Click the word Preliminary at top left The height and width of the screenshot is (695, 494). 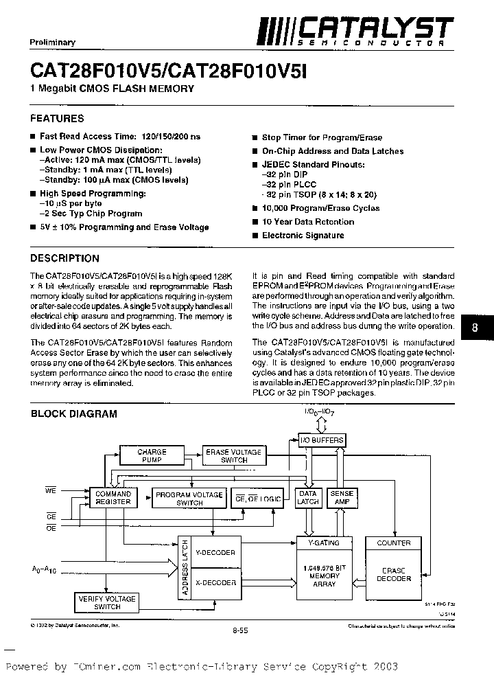pyautogui.click(x=53, y=43)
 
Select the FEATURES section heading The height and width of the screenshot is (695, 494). pyautogui.click(x=57, y=118)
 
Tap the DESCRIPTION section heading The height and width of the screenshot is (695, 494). pyautogui.click(x=65, y=258)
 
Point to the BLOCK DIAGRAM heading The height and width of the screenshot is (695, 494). pyautogui.click(x=73, y=413)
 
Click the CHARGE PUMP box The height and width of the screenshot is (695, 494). pyautogui.click(x=152, y=456)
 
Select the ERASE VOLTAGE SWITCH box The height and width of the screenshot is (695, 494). pyautogui.click(x=233, y=456)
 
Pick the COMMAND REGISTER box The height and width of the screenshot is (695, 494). pyautogui.click(x=113, y=498)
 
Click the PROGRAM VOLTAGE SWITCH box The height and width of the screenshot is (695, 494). pyautogui.click(x=189, y=499)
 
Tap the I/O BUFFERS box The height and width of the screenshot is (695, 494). pyautogui.click(x=322, y=440)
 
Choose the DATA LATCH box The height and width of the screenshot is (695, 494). pyautogui.click(x=308, y=498)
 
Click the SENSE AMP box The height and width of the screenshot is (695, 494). pyautogui.click(x=342, y=498)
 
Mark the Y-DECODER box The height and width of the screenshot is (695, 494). pyautogui.click(x=215, y=552)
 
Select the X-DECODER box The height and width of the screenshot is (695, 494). pyautogui.click(x=215, y=582)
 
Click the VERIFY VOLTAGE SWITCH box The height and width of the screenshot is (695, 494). pyautogui.click(x=106, y=603)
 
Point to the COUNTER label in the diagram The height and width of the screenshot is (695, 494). pyautogui.click(x=394, y=543)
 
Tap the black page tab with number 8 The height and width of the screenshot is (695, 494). pyautogui.click(x=475, y=328)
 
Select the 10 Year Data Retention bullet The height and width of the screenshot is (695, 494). pyautogui.click(x=307, y=222)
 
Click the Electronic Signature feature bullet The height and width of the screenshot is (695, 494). pyautogui.click(x=303, y=236)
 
